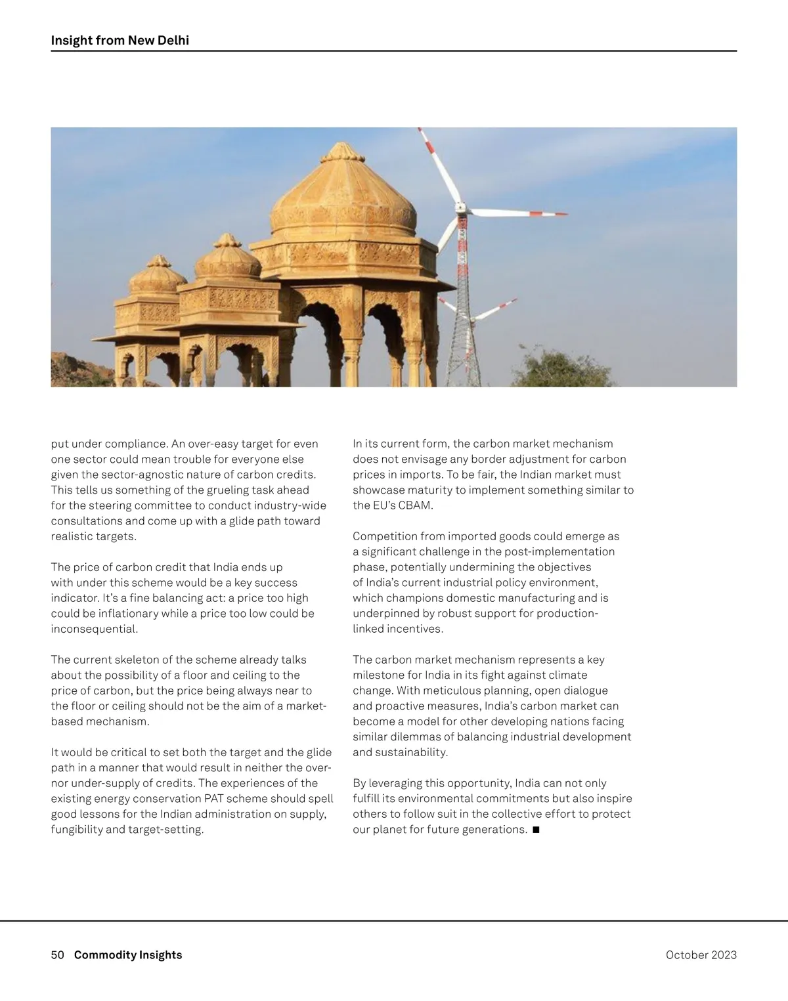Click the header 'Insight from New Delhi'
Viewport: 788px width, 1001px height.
coord(120,41)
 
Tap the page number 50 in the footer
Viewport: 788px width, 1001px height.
coord(57,954)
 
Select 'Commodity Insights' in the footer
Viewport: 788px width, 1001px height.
coord(128,954)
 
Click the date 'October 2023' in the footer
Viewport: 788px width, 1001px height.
coord(701,954)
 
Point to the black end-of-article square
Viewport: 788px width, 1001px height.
coord(535,830)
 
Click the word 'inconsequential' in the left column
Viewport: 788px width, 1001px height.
coord(95,629)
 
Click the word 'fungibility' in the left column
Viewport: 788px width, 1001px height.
coord(77,830)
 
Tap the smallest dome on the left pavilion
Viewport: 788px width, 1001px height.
coord(158,276)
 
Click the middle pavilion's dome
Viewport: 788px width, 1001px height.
coord(227,259)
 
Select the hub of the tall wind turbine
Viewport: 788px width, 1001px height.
coord(462,210)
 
